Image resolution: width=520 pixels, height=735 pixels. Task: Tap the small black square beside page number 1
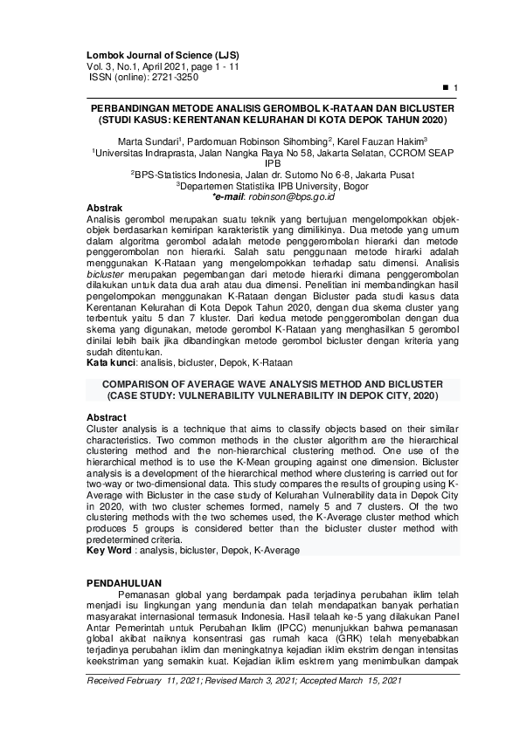tap(446, 88)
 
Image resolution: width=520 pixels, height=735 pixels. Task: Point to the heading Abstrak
tap(108, 207)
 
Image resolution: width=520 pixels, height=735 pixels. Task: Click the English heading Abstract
tap(109, 417)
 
